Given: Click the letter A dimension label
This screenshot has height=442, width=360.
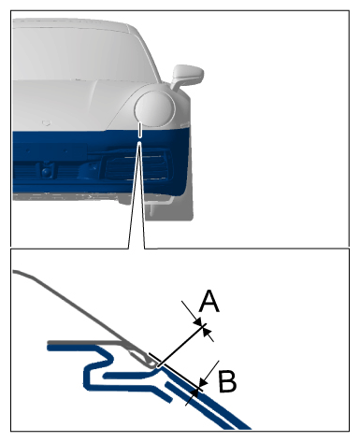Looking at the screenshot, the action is coord(209,301).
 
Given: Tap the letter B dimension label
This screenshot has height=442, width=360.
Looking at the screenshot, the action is coord(227,381).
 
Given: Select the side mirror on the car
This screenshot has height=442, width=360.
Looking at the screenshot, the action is coord(188,77).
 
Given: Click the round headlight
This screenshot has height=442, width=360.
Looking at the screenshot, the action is coord(155,109).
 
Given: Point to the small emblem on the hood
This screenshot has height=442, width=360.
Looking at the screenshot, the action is coord(46,122).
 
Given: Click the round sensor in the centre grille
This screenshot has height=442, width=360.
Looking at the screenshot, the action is coord(46,171).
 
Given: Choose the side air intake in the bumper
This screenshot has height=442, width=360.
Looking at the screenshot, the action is coord(137,166).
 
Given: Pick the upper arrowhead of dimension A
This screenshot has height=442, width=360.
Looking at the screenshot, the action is coord(197,321).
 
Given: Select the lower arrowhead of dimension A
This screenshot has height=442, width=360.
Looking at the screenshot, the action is coord(207,331).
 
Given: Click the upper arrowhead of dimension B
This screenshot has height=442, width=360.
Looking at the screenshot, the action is coord(203,381).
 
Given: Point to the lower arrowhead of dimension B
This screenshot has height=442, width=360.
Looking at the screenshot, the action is coord(194,392).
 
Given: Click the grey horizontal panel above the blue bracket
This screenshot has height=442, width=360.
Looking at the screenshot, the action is coord(85,343).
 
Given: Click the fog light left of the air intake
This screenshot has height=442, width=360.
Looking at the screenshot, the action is coord(91,170).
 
